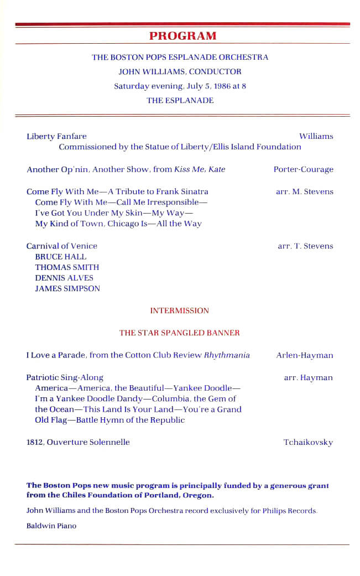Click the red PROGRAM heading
182,36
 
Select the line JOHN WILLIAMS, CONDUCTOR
180,71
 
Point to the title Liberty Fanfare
56,136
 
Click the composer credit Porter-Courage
303,169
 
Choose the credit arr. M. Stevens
304,191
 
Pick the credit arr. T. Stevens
305,246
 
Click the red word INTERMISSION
180,311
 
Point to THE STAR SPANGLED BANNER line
180,333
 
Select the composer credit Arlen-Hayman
305,355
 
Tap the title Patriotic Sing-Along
65,377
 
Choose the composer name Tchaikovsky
308,442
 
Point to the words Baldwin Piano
51,526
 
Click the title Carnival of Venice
62,246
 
